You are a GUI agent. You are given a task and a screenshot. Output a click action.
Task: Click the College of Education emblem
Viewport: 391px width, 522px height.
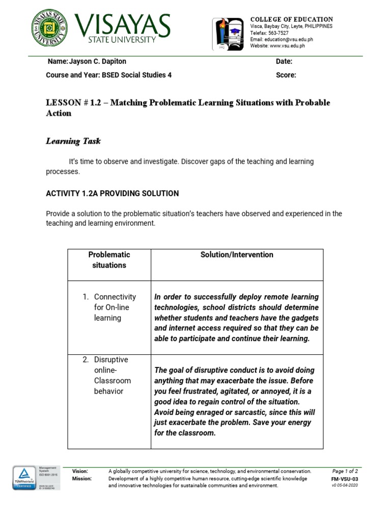click(229, 34)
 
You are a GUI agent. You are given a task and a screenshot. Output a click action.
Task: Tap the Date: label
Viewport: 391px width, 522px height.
click(284, 62)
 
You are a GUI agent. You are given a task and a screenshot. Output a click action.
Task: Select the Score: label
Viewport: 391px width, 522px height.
click(286, 75)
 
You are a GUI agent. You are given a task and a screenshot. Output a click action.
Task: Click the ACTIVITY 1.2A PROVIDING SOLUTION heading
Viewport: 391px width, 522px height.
click(112, 194)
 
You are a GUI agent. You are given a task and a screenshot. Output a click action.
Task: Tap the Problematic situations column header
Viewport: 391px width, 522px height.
click(109, 260)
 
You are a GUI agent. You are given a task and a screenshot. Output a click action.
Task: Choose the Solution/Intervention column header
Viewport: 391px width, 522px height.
click(237, 255)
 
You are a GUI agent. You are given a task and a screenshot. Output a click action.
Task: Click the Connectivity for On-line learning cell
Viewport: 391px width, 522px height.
click(115, 307)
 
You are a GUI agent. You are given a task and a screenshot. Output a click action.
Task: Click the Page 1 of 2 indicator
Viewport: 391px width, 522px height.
click(345, 471)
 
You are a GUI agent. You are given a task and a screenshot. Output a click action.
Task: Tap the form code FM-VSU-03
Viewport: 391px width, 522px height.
click(345, 479)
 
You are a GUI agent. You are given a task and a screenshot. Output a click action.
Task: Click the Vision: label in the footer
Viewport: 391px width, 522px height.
click(80, 472)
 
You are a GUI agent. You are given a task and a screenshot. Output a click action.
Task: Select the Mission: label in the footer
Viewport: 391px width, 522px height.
click(82, 479)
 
